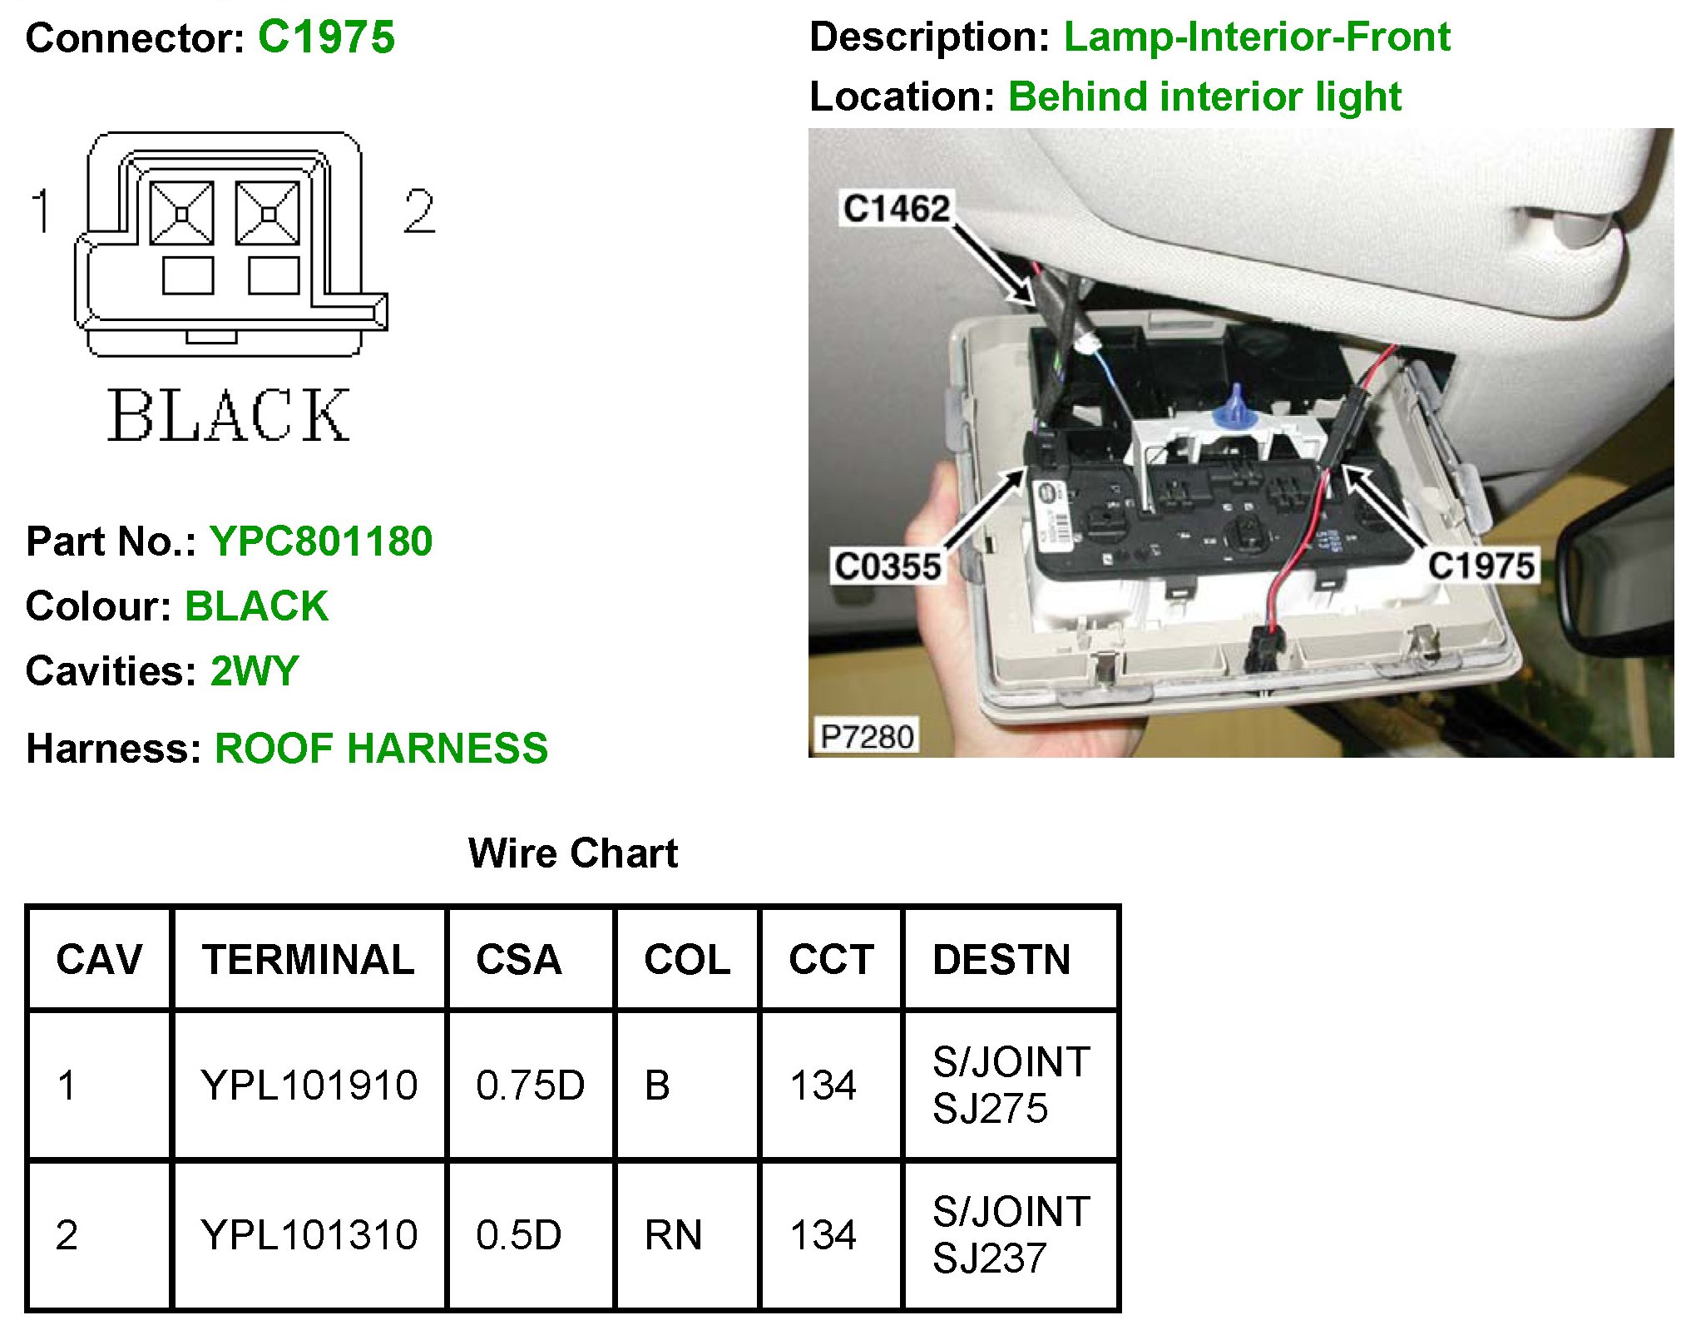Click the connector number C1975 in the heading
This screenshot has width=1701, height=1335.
326,37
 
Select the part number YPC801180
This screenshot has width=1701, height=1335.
320,541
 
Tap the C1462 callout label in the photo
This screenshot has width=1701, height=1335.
896,208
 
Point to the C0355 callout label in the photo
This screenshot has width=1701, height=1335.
888,566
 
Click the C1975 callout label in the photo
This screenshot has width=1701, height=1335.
1481,566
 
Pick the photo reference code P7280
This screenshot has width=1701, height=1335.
867,737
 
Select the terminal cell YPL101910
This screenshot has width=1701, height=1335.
309,1085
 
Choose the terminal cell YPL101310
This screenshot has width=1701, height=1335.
309,1234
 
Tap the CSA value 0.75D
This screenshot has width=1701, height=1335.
530,1085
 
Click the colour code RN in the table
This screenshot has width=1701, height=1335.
673,1234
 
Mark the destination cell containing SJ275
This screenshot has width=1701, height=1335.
1011,1085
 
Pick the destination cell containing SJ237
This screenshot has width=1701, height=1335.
1011,1234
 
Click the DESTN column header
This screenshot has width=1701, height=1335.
1001,959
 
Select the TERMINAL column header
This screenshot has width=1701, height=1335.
308,959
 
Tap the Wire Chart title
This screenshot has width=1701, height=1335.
572,853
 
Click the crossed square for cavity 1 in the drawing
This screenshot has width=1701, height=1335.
181,214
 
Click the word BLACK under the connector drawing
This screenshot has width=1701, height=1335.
229,415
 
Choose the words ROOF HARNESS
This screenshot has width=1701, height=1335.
381,748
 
